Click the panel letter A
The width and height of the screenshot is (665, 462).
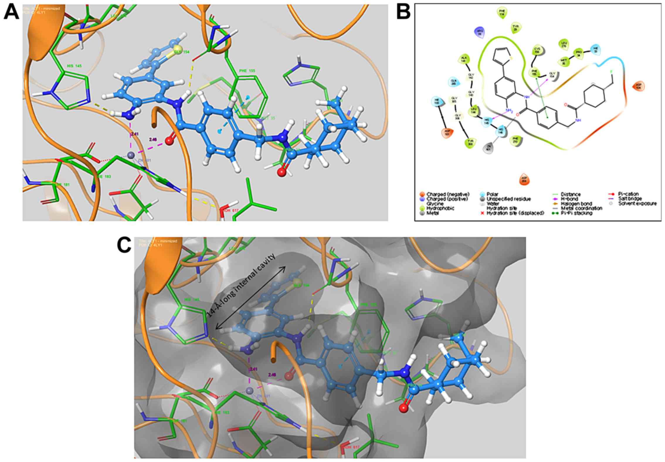point(11,13)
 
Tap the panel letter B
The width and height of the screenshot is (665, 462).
point(404,13)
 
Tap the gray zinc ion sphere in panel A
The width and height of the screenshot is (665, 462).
point(131,155)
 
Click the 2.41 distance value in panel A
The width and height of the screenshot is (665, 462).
point(135,134)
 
